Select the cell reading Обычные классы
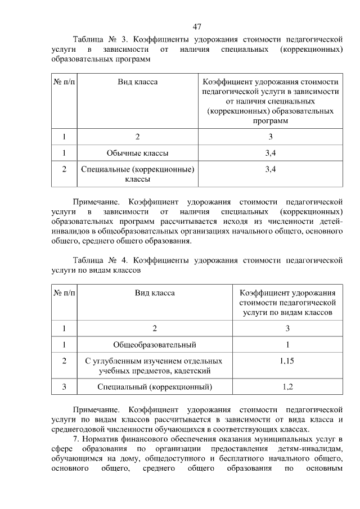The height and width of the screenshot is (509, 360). point(137,152)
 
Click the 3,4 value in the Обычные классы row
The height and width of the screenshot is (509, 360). point(270,152)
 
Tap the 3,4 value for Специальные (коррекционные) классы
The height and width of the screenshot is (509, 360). point(270,169)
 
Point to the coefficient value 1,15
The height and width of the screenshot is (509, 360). point(287,361)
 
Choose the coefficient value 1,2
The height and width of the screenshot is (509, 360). point(287,386)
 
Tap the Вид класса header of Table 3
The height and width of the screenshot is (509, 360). point(137,82)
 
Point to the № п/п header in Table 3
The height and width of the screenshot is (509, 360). point(64,82)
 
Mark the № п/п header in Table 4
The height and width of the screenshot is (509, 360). point(64,293)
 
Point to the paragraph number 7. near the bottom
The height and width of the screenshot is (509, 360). point(77,439)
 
